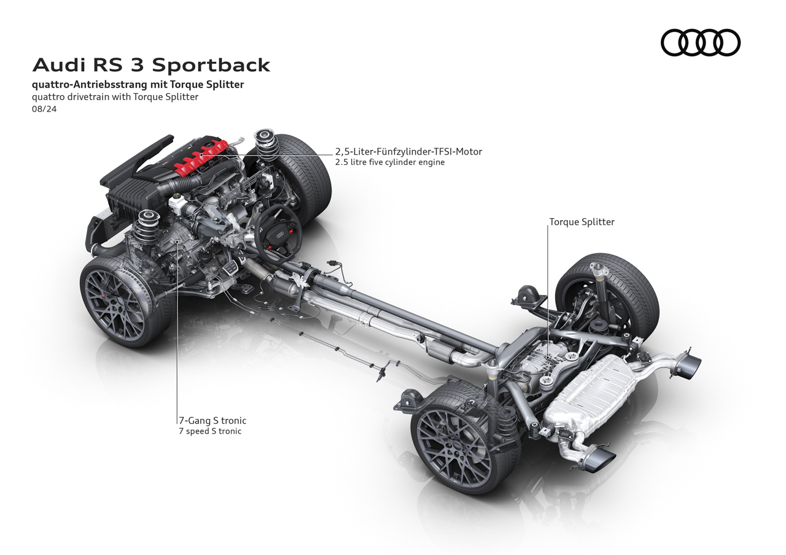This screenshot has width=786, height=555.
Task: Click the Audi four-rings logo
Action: point(700,43)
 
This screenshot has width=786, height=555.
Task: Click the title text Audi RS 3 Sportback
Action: point(151,65)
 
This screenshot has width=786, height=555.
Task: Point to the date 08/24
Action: point(44,109)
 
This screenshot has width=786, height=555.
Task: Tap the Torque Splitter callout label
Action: point(582,222)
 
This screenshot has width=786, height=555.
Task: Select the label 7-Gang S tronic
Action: point(212,421)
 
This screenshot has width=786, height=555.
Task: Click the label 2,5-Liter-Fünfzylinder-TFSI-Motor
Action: point(408,151)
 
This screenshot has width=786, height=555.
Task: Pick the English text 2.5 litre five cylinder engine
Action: point(389,163)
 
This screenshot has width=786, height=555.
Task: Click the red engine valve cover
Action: point(200,157)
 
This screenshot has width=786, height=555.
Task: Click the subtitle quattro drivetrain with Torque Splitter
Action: point(115,97)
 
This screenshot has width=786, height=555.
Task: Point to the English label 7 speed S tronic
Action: point(210,431)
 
